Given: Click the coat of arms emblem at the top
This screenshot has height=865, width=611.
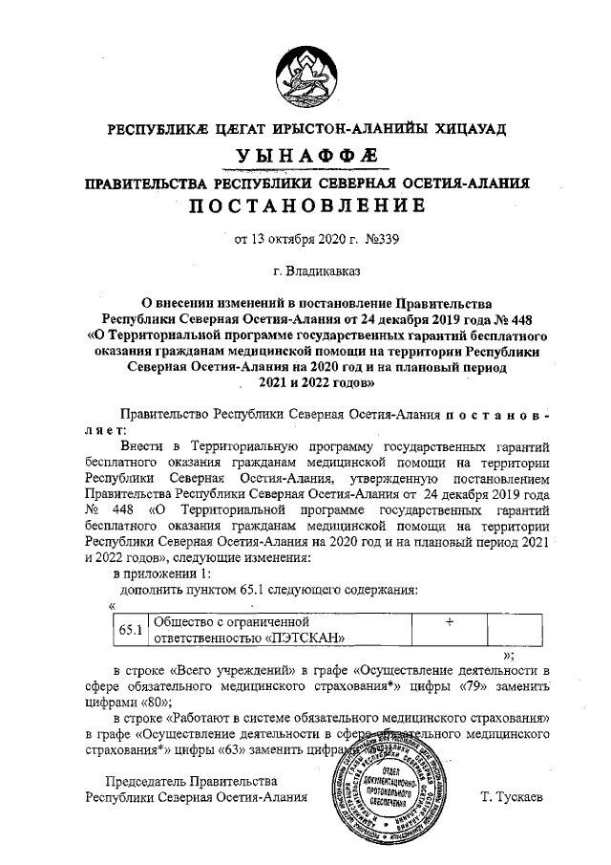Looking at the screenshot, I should [305, 76].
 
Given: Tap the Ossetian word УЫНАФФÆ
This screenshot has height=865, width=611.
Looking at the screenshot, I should [305, 156].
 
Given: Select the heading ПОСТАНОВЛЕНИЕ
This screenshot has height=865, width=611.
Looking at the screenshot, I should [305, 206].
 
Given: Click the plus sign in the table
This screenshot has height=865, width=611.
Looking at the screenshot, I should [448, 621].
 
